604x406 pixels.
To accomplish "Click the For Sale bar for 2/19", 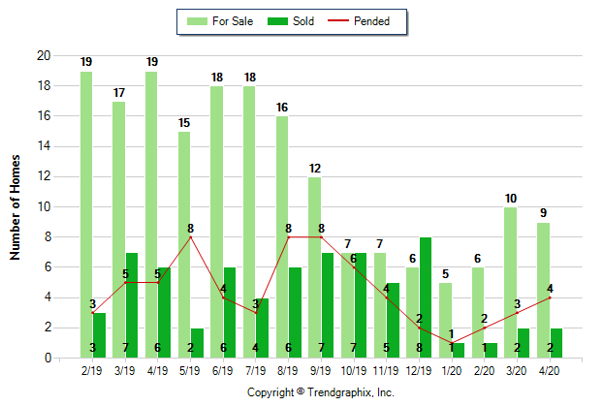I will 87,213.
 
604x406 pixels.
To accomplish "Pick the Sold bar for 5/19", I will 197,343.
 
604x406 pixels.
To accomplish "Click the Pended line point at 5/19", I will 191,237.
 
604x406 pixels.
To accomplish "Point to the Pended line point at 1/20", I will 452,343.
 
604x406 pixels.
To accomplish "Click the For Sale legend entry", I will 224,20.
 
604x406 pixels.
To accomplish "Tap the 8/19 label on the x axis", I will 289,370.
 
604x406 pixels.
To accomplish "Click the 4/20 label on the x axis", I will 550,370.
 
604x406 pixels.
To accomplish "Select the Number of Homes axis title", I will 16,207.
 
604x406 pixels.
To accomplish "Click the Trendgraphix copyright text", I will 321,393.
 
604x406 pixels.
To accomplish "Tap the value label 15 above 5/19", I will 184,122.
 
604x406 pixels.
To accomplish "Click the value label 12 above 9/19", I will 315,168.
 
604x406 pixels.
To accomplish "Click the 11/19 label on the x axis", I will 387,370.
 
